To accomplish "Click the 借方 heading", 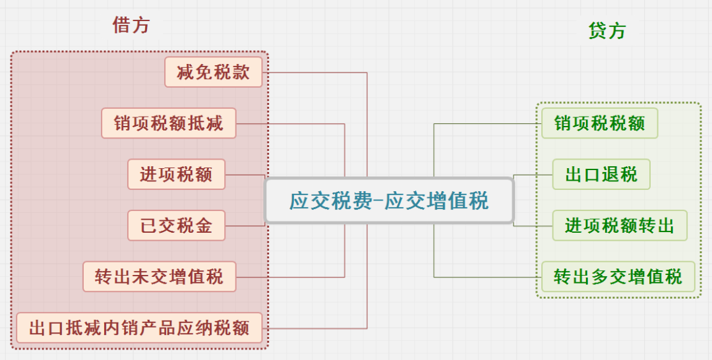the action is coord(131,25).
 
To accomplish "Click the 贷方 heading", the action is coord(607,31).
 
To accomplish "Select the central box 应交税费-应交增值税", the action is coord(389,200).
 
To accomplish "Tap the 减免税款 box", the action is coord(214,72).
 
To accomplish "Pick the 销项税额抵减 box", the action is coord(169,123).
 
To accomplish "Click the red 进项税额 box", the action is coord(176,174).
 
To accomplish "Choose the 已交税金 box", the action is coord(176,225).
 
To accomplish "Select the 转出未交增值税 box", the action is coord(160,276).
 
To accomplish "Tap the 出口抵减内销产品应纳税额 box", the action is coord(139,328).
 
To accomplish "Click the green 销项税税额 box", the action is coord(599,123).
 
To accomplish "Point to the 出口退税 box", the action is coord(601,174).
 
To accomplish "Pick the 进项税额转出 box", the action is coord(619,225).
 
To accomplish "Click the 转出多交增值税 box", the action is coord(618,276).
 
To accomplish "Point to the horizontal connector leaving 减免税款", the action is coord(314,73).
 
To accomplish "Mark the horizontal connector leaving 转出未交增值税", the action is coord(291,277).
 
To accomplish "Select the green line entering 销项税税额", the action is coord(488,123).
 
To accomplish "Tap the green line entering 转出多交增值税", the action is coord(488,277).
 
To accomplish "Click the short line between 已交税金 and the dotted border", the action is coord(245,225).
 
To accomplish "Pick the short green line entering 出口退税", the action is coord(533,175).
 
